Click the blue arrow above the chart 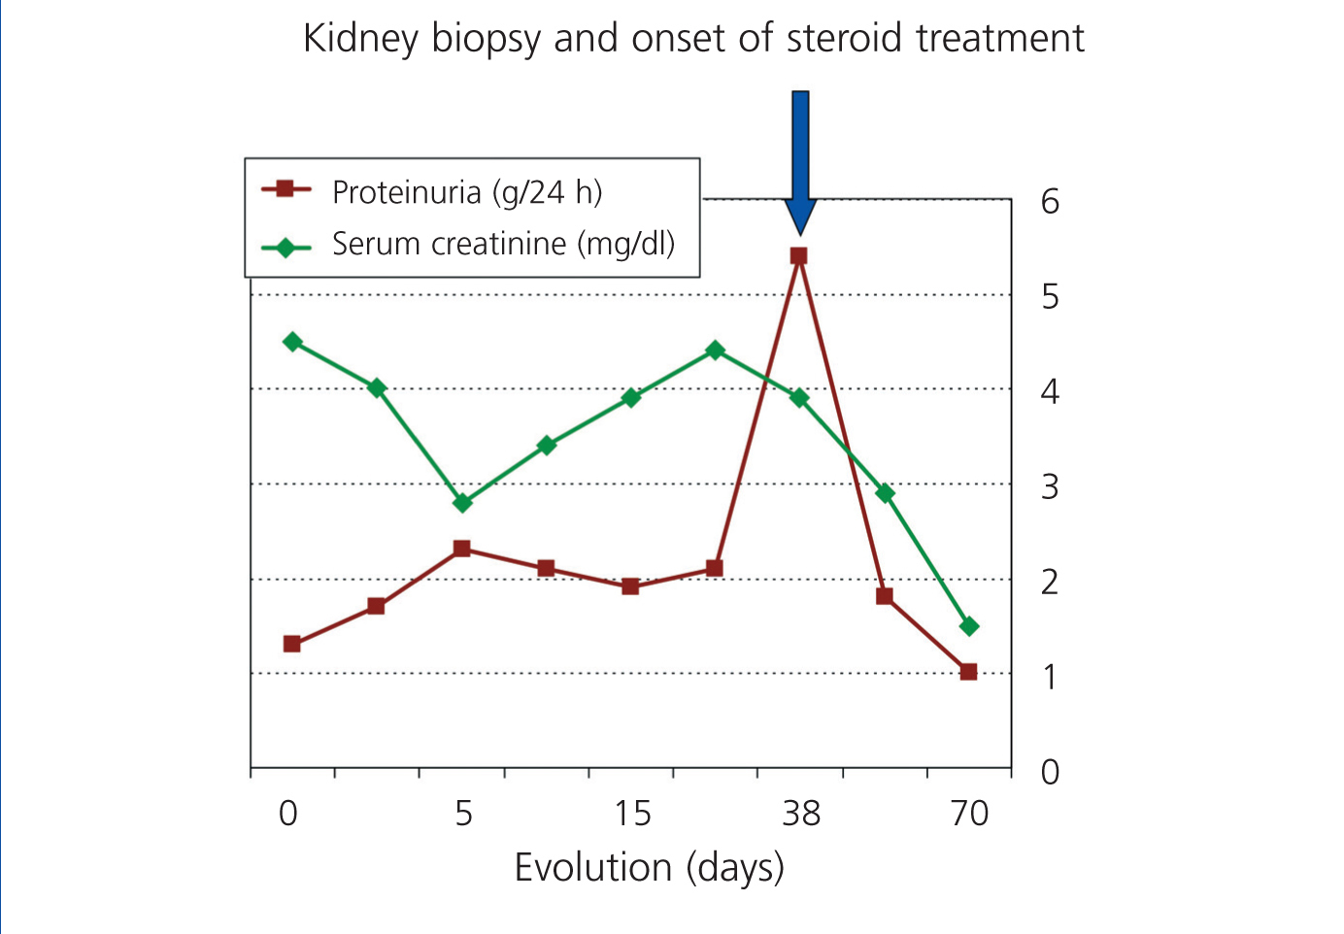click(x=800, y=162)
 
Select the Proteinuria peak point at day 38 click(x=798, y=256)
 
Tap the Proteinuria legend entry click(x=432, y=192)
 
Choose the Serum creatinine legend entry click(x=468, y=244)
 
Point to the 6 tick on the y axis click(x=1050, y=202)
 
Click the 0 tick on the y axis click(x=1050, y=772)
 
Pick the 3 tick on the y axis click(x=1050, y=487)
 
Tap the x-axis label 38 click(x=801, y=814)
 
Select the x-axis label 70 click(x=969, y=814)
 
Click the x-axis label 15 click(x=632, y=814)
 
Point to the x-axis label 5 click(x=464, y=814)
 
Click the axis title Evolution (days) click(x=650, y=868)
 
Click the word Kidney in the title click(x=360, y=40)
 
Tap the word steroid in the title click(x=844, y=38)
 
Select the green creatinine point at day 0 click(x=292, y=342)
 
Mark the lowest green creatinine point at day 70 click(x=969, y=627)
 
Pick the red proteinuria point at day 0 click(x=291, y=645)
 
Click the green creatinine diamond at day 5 click(x=462, y=503)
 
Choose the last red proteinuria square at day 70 click(x=968, y=672)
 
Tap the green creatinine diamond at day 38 click(x=799, y=398)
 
